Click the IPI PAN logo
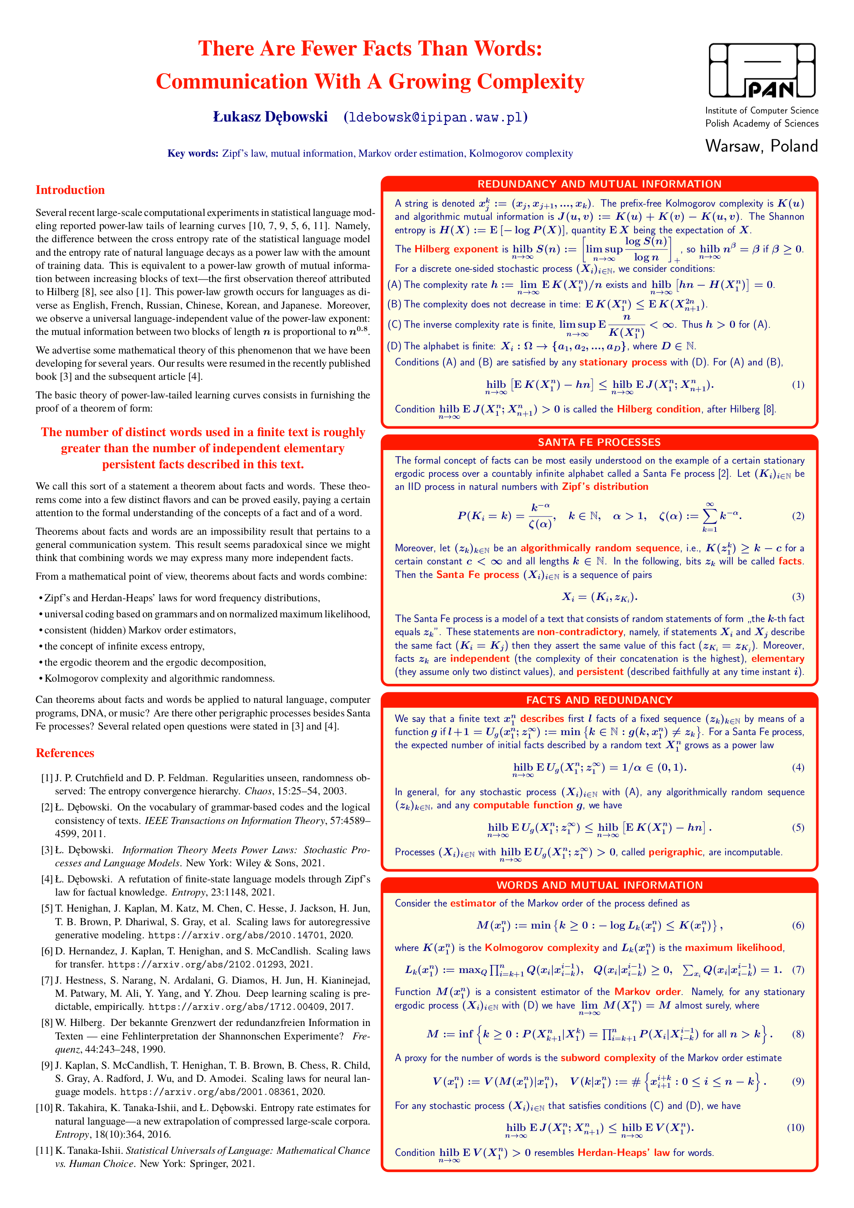coord(761,71)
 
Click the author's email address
coord(435,117)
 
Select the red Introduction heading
coord(70,190)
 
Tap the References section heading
coord(65,753)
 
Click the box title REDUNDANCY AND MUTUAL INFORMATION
coord(599,184)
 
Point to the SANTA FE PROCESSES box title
coord(599,442)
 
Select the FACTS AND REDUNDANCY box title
coord(599,700)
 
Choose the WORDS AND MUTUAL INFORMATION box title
coord(599,885)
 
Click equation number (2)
coord(798,516)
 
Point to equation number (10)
coord(795,1128)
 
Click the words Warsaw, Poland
coord(761,146)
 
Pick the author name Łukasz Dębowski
coord(270,117)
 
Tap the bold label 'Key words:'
coord(193,154)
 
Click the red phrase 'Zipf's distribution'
coord(605,487)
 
